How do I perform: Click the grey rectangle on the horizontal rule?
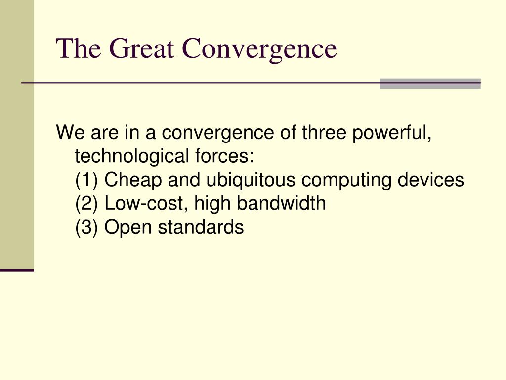(x=430, y=83)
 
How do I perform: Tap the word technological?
(x=131, y=156)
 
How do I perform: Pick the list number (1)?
(x=86, y=180)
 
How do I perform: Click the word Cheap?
(x=132, y=180)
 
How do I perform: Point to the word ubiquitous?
(x=251, y=180)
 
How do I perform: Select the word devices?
(x=430, y=180)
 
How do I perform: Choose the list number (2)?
(x=86, y=204)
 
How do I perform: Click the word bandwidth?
(x=281, y=203)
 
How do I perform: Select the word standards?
(x=201, y=227)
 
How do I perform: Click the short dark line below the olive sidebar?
(x=17, y=270)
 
